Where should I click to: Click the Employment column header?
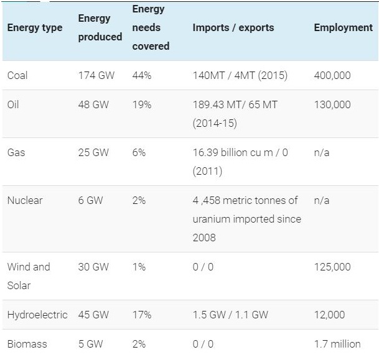pyautogui.click(x=344, y=28)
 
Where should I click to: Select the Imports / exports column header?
pyautogui.click(x=233, y=27)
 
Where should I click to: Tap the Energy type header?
pyautogui.click(x=35, y=28)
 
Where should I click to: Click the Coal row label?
pyautogui.click(x=17, y=75)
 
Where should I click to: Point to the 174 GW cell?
pyautogui.click(x=96, y=75)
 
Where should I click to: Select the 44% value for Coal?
pyautogui.click(x=142, y=75)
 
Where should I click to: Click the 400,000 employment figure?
pyautogui.click(x=332, y=76)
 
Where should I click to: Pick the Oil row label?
pyautogui.click(x=13, y=104)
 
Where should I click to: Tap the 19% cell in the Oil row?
pyautogui.click(x=142, y=104)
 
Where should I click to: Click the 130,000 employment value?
pyautogui.click(x=332, y=105)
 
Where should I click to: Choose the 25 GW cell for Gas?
pyautogui.click(x=93, y=152)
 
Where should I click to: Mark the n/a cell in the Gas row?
pyautogui.click(x=322, y=152)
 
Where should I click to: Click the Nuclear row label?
pyautogui.click(x=25, y=200)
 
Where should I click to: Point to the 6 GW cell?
pyautogui.click(x=90, y=200)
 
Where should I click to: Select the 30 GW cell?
pyautogui.click(x=93, y=267)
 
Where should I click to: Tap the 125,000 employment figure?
pyautogui.click(x=332, y=267)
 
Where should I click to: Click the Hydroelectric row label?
pyautogui.click(x=37, y=315)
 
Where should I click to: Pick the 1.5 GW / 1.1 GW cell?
pyautogui.click(x=230, y=315)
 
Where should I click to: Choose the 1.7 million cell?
pyautogui.click(x=337, y=344)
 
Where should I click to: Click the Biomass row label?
pyautogui.click(x=27, y=344)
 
